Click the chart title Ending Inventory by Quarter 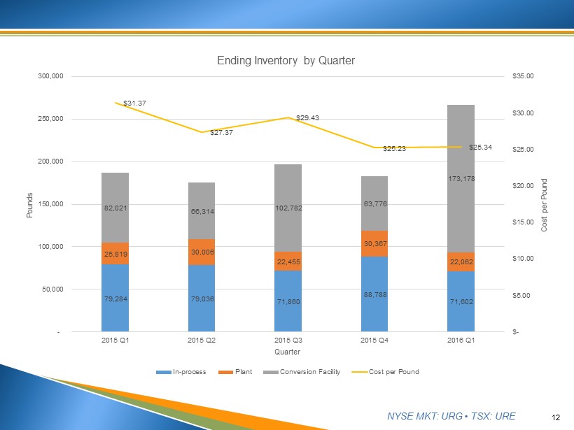click(287, 61)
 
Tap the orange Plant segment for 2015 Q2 click(202, 252)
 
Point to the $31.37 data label click(134, 103)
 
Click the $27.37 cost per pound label click(221, 132)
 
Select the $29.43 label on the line click(307, 117)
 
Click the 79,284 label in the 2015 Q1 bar click(115, 299)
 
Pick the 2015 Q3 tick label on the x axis click(288, 341)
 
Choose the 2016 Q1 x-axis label click(461, 341)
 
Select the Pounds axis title click(30, 204)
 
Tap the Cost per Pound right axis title click(545, 205)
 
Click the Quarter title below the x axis click(287, 352)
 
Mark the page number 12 click(556, 417)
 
